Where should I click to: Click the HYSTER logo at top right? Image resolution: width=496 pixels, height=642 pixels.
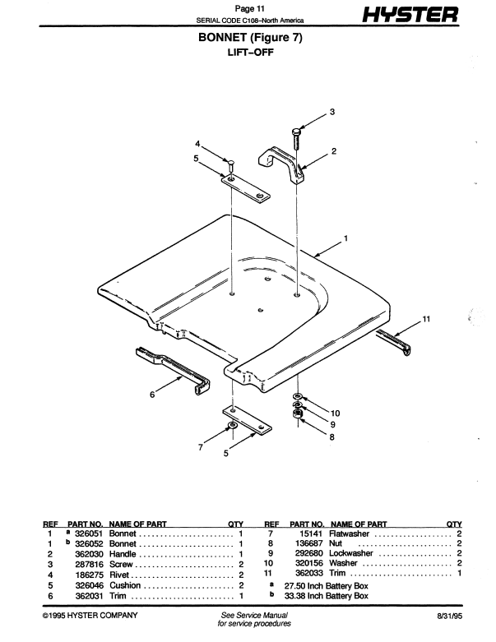pyautogui.click(x=406, y=16)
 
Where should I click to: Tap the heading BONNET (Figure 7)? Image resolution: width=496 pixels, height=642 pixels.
pyautogui.click(x=248, y=39)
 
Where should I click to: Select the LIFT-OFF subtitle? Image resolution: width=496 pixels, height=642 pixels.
pyautogui.click(x=248, y=53)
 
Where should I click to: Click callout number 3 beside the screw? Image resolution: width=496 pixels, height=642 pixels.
pyautogui.click(x=332, y=111)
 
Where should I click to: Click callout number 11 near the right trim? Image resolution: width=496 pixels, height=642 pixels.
pyautogui.click(x=426, y=317)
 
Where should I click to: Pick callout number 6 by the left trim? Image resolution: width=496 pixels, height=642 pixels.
pyautogui.click(x=152, y=395)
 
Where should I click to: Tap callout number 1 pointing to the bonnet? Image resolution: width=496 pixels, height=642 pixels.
pyautogui.click(x=346, y=239)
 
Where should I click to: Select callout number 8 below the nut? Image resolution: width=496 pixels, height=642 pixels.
pyautogui.click(x=332, y=437)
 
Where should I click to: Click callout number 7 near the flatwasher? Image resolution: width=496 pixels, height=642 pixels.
pyautogui.click(x=200, y=446)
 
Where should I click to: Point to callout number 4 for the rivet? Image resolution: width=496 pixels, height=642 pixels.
pyautogui.click(x=197, y=145)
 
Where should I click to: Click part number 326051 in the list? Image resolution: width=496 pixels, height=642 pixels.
pyautogui.click(x=88, y=533)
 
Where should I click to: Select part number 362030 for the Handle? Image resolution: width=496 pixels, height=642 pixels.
pyautogui.click(x=88, y=554)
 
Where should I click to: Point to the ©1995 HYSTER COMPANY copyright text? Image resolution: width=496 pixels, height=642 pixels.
pyautogui.click(x=90, y=615)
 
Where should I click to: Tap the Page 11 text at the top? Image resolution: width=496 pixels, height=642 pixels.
pyautogui.click(x=248, y=8)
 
